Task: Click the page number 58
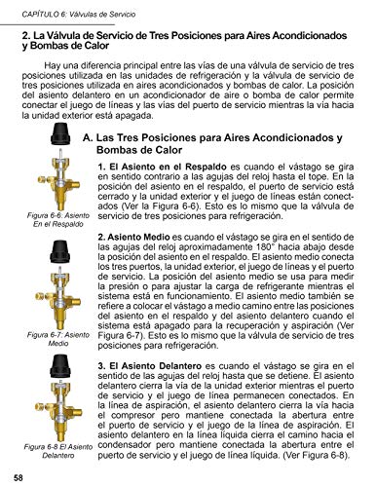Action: click(19, 476)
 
